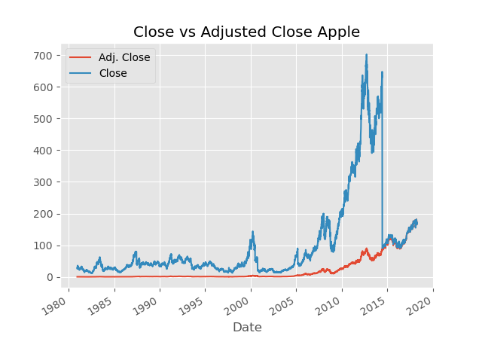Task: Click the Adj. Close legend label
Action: [x=124, y=58]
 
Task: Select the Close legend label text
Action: [x=113, y=74]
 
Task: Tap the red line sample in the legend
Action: [x=81, y=58]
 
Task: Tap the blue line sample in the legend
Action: [x=81, y=74]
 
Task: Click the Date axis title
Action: [x=247, y=328]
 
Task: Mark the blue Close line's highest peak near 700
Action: [x=367, y=54]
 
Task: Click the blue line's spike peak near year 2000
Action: [x=252, y=232]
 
